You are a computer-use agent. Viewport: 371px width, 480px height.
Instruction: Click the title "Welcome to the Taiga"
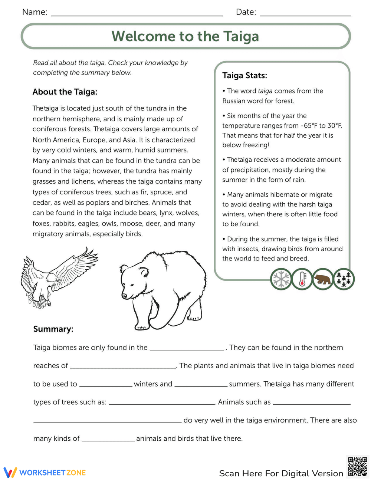click(x=185, y=36)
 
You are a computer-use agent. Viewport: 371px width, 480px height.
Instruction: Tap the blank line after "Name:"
click(x=137, y=14)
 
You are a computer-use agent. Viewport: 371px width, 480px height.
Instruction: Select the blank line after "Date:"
click(x=305, y=14)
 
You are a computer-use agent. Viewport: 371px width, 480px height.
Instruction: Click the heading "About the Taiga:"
click(x=65, y=92)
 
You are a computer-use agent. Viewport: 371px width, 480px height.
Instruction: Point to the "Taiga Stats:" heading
click(x=244, y=76)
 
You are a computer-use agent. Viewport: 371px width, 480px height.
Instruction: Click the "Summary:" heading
click(x=53, y=329)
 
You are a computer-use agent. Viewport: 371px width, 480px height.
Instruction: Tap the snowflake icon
click(x=281, y=279)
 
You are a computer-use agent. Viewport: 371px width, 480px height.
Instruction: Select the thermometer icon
click(x=302, y=279)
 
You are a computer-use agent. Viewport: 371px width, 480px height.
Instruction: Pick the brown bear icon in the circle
click(x=322, y=279)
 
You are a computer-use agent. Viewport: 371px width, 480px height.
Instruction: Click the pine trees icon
click(x=344, y=279)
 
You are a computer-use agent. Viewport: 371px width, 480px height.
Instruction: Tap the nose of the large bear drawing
click(x=124, y=296)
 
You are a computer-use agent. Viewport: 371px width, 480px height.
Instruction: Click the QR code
click(x=357, y=467)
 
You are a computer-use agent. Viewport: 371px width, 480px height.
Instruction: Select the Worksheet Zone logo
click(x=45, y=473)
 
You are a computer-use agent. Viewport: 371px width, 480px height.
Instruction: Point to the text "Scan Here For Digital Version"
click(x=281, y=473)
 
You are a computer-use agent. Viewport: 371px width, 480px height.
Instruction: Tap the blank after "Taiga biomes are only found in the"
click(x=187, y=348)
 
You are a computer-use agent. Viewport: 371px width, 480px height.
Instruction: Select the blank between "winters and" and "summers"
click(x=201, y=384)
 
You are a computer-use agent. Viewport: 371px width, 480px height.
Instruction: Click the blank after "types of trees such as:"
click(x=162, y=402)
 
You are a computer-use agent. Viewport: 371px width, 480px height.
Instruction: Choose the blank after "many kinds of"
click(x=108, y=439)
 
